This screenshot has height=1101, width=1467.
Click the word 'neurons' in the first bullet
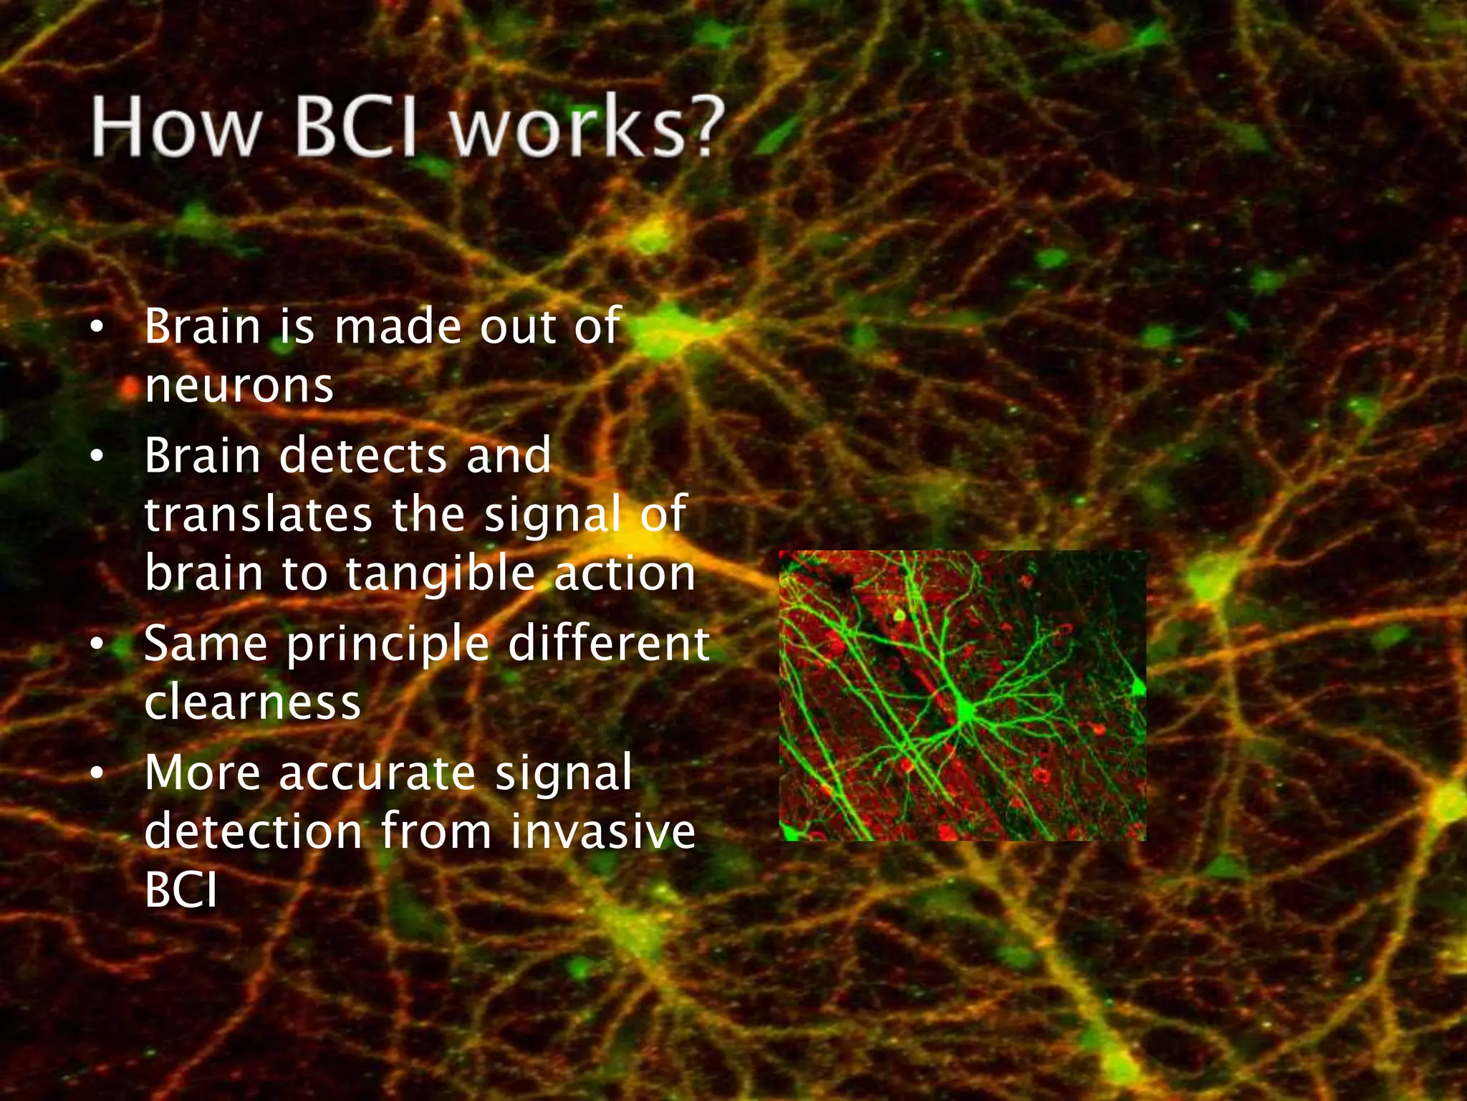point(239,386)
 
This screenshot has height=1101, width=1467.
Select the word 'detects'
point(362,456)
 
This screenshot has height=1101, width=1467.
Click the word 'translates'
point(259,515)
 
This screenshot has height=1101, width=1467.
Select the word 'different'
point(609,643)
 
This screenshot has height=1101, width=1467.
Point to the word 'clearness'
point(252,702)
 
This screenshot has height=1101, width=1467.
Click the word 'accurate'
point(377,773)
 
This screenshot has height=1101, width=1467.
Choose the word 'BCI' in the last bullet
point(181,891)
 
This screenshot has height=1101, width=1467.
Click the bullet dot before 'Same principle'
point(97,644)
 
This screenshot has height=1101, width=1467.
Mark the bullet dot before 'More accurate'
point(97,773)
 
